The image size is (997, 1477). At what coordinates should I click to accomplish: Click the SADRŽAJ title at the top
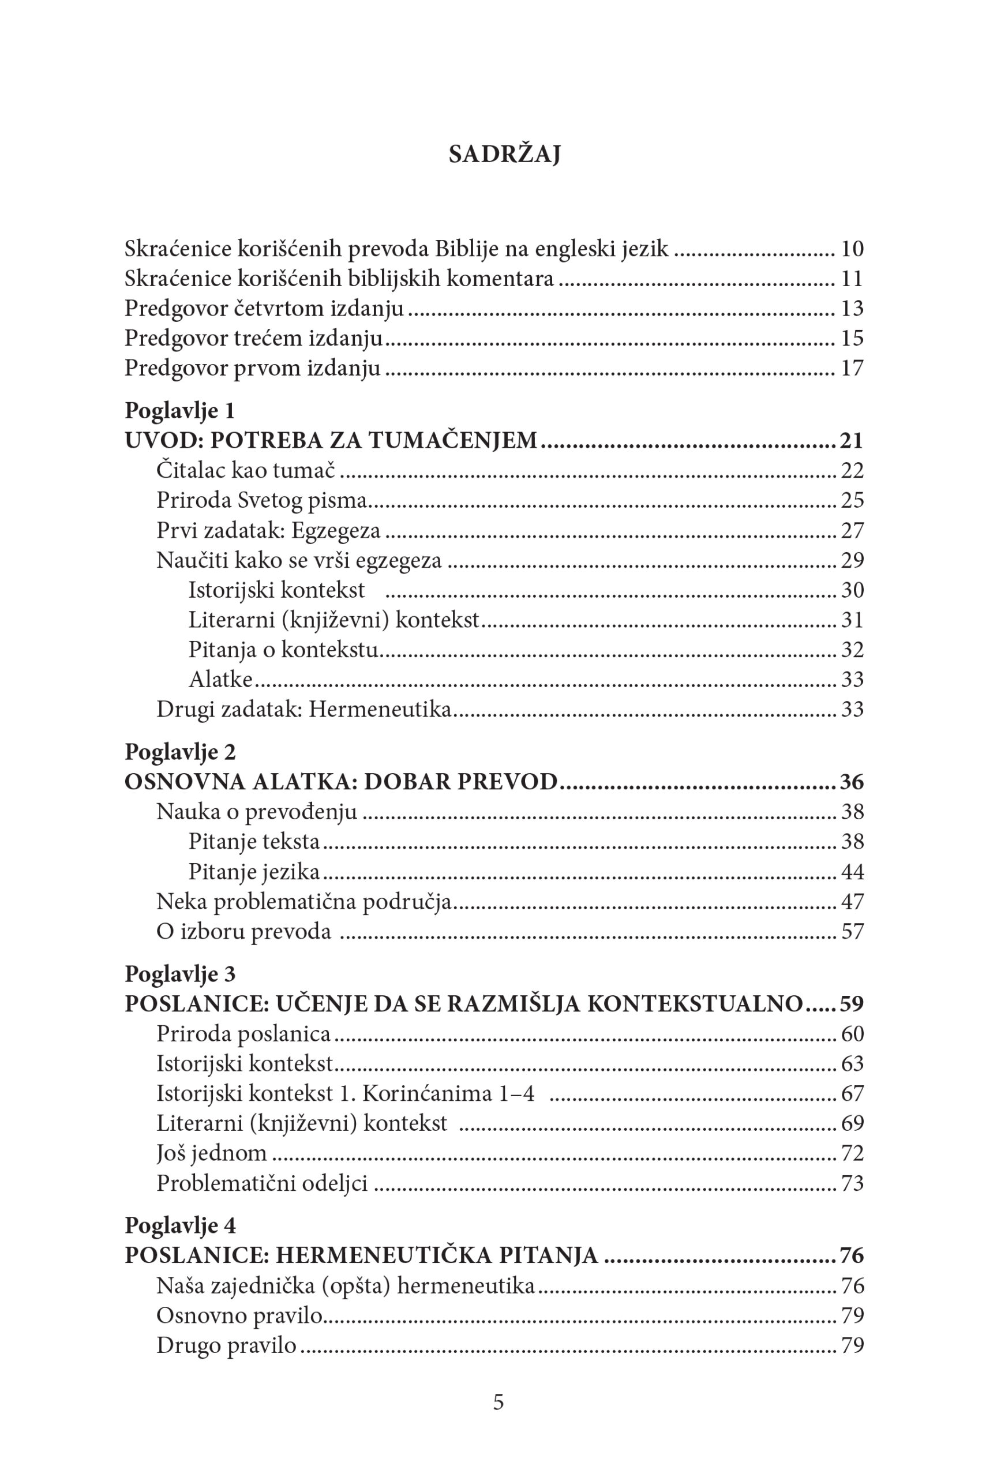tap(504, 155)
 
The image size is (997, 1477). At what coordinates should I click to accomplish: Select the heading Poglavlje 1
tap(180, 411)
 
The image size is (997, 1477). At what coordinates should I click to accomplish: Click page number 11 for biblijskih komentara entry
tap(852, 278)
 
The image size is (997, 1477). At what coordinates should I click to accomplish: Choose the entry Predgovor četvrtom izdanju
tap(264, 308)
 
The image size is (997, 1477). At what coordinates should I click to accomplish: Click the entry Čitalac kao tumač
tap(245, 470)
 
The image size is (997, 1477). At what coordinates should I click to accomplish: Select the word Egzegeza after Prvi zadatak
tap(336, 530)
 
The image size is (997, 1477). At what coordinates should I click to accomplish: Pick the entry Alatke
tap(220, 680)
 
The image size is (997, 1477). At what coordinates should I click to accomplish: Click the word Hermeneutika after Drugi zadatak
tap(379, 709)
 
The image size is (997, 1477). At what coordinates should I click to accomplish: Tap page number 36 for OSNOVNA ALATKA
tap(852, 782)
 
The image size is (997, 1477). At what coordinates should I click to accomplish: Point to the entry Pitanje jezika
tap(254, 871)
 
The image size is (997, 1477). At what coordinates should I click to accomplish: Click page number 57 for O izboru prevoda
tap(852, 932)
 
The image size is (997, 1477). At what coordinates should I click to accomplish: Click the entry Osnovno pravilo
tap(239, 1315)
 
